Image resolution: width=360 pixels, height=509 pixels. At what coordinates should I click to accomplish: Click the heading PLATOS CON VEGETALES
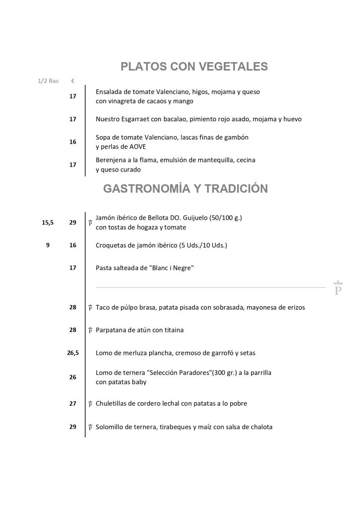(194, 67)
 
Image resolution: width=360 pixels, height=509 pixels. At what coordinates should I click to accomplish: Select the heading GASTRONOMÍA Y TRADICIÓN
(185, 188)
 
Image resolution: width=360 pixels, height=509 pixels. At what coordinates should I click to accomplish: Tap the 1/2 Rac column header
(48, 81)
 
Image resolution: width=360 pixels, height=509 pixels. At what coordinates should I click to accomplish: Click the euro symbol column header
(73, 81)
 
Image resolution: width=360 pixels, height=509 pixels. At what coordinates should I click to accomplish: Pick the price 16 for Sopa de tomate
(73, 142)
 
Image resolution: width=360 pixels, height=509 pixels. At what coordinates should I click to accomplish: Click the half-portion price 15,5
(47, 223)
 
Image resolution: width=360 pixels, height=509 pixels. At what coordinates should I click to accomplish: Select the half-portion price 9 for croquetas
(48, 245)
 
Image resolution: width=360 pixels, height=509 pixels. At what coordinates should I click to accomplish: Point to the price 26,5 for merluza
(73, 353)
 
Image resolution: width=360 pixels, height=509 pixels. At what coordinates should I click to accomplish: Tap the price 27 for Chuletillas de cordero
(73, 404)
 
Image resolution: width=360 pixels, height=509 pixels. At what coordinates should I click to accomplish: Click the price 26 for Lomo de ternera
(73, 377)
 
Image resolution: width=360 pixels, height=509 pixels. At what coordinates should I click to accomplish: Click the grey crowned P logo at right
(338, 288)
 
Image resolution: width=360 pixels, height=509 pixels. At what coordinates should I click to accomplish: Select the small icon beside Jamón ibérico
(90, 223)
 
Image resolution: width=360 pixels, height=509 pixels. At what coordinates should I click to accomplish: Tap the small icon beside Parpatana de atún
(90, 331)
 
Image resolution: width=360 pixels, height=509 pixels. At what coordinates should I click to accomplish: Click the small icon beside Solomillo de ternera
(90, 427)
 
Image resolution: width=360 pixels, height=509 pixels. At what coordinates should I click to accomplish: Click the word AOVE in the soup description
(136, 147)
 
